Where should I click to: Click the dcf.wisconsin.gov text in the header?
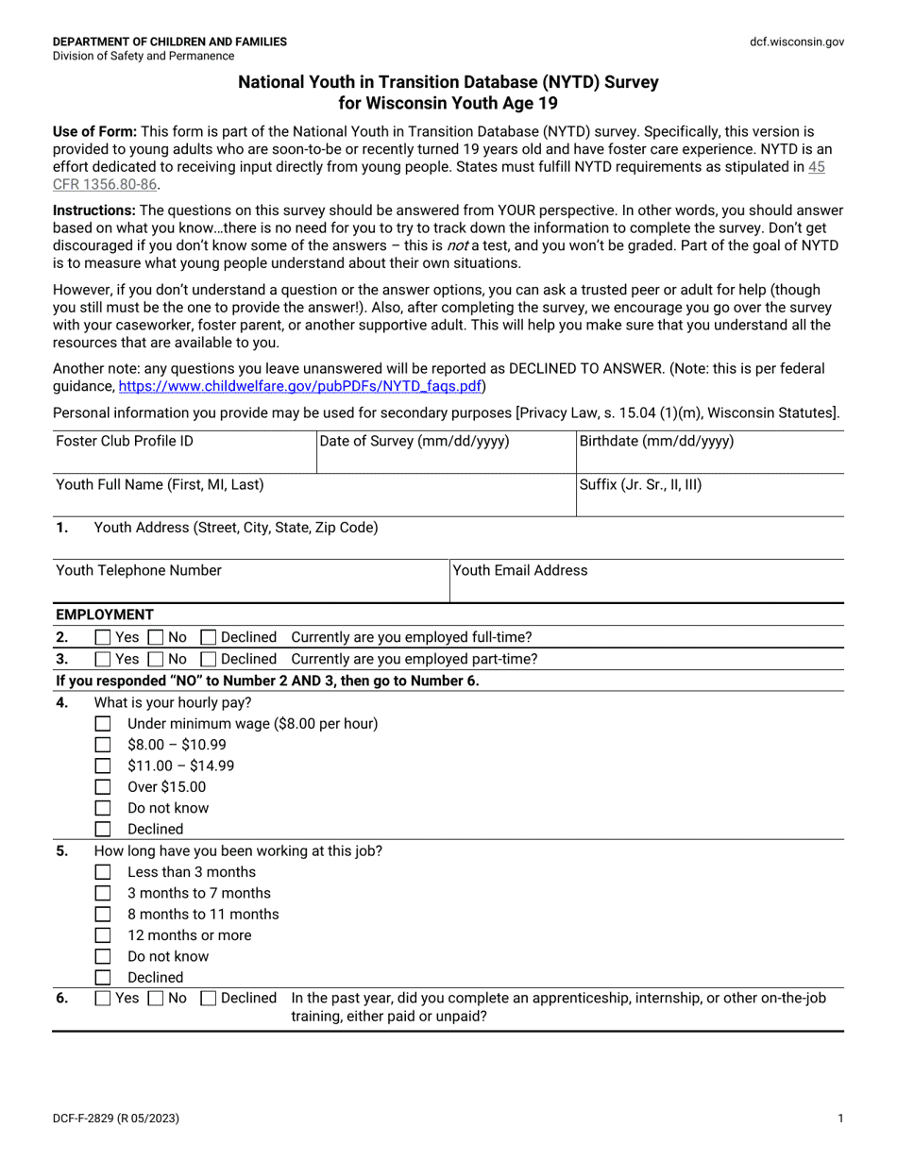[x=797, y=42]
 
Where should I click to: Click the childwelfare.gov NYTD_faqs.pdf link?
[x=300, y=386]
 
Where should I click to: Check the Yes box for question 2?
[x=104, y=637]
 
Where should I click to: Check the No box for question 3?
[x=157, y=659]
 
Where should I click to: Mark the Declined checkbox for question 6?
[x=209, y=999]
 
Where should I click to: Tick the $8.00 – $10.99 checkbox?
[x=104, y=745]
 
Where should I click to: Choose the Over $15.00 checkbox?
[x=104, y=787]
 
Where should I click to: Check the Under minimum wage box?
[x=104, y=724]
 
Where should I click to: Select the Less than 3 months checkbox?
[x=104, y=872]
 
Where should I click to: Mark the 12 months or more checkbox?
[x=104, y=935]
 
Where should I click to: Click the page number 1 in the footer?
[x=839, y=1119]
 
